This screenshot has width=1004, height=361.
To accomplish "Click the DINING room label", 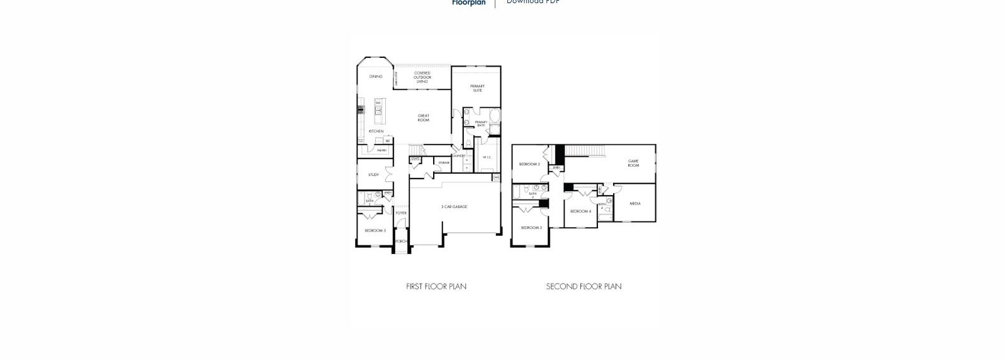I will (376, 77).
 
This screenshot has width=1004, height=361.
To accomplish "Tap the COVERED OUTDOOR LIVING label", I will (422, 77).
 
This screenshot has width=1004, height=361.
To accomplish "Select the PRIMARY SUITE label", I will (477, 88).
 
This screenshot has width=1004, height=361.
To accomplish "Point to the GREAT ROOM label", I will (424, 118).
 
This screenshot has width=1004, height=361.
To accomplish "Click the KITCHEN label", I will (376, 131).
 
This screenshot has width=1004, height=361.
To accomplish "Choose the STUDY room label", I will (373, 175).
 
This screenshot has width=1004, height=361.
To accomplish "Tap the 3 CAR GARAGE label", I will (454, 207).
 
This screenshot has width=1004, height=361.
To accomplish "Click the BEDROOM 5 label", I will (375, 231).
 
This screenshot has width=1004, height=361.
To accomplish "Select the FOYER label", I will (401, 213).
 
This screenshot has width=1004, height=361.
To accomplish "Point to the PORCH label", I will (401, 242).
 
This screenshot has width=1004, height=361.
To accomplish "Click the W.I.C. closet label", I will (487, 157).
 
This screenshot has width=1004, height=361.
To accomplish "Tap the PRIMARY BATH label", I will (481, 124).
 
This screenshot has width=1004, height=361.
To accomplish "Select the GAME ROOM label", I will (633, 163).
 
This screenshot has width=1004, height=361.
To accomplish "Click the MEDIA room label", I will (635, 204).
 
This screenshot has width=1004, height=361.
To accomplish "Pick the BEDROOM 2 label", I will (529, 164).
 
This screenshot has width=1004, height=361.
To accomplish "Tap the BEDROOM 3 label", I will (531, 228).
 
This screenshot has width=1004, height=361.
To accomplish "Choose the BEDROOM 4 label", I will (580, 211).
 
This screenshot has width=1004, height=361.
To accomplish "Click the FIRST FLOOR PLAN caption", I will (436, 287).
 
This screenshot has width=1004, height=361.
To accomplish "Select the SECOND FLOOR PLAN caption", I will (584, 287).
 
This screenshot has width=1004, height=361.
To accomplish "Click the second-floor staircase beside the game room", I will (585, 151).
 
